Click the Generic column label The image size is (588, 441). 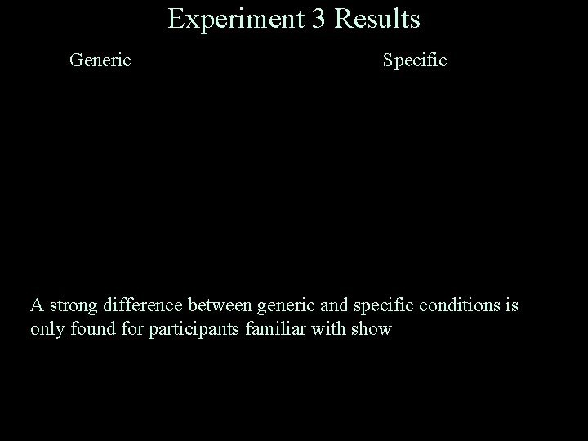(100, 60)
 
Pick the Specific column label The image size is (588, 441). (415, 60)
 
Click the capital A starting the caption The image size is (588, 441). (37, 306)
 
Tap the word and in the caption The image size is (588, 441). (332, 306)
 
